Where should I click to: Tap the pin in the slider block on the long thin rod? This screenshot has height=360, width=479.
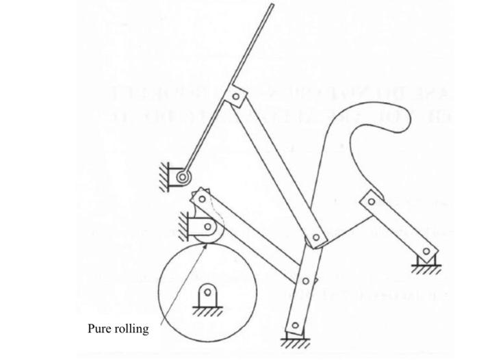(x=236, y=97)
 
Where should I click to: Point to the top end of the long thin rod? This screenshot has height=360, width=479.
(x=272, y=5)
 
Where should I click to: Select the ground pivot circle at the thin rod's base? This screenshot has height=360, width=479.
(x=183, y=178)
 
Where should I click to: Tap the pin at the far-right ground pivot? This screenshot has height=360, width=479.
(x=428, y=253)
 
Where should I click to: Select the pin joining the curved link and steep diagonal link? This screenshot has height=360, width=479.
(x=315, y=239)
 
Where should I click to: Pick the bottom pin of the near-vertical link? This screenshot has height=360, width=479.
(x=294, y=326)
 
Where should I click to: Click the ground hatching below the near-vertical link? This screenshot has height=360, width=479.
(x=296, y=342)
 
